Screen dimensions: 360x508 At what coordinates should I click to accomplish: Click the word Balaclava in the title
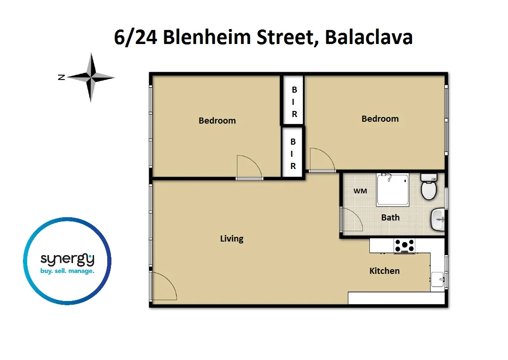pos(368,37)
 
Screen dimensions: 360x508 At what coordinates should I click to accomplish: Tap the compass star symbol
pos(91,77)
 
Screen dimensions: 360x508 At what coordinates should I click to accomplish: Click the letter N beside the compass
pos(61,78)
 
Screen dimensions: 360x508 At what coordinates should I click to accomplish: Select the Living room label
pos(232,239)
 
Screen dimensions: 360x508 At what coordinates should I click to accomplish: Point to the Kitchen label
pos(384,271)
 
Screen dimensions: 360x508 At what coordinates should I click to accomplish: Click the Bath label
pos(390,217)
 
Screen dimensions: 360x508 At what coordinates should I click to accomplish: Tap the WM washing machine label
pos(360,191)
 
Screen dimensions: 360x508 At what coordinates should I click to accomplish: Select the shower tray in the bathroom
pos(393,190)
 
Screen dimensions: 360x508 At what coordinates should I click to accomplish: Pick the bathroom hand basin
pos(437,219)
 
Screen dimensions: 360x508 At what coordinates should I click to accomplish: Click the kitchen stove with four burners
pos(404,246)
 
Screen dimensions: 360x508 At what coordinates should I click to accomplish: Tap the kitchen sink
pos(437,279)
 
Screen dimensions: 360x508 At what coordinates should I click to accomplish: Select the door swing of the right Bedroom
pos(321,160)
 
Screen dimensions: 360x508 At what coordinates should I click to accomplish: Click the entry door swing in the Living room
pos(163,286)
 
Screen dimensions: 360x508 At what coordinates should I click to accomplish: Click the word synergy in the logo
pos(67,258)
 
